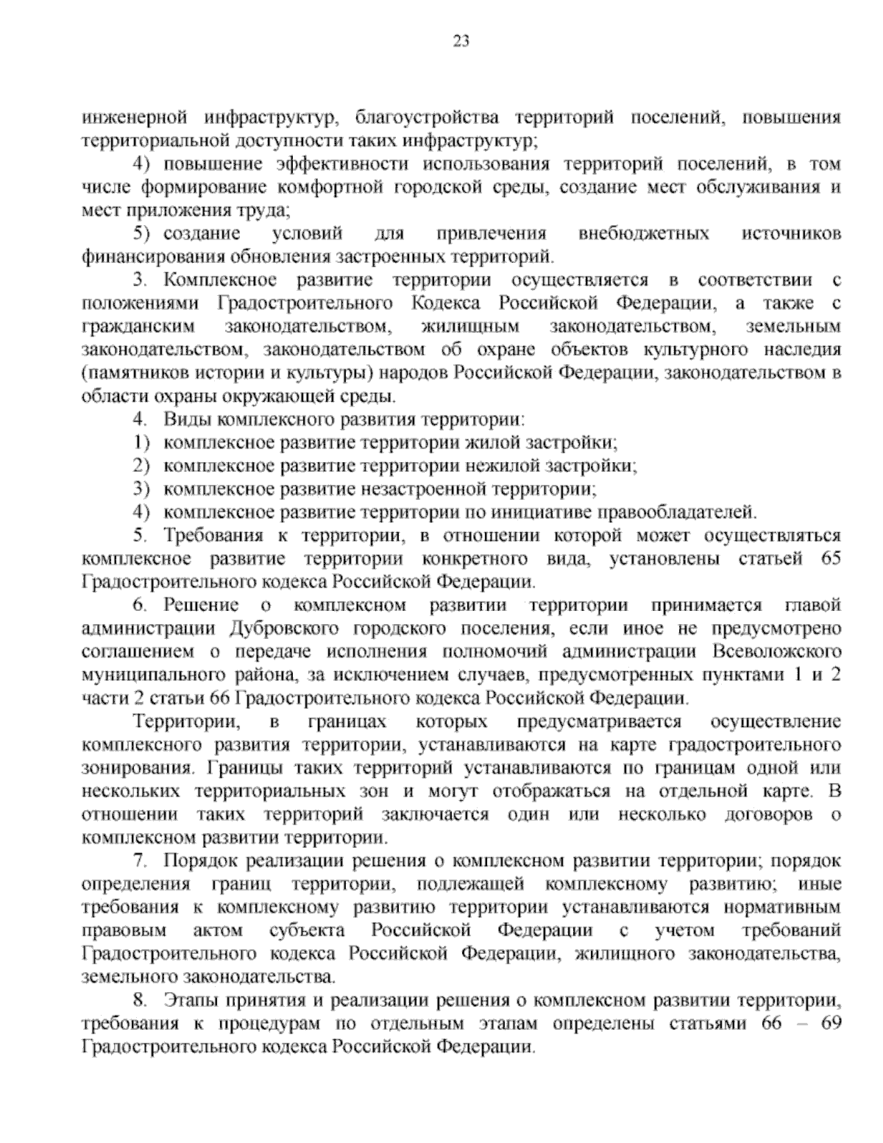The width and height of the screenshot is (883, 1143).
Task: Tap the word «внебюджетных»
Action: pyautogui.click(x=644, y=234)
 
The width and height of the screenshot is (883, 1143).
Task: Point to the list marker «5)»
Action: pyautogui.click(x=141, y=234)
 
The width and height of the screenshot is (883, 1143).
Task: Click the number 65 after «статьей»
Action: pyautogui.click(x=829, y=558)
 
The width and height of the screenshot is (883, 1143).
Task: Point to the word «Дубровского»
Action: pyautogui.click(x=278, y=629)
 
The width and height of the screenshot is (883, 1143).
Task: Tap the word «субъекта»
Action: pyautogui.click(x=308, y=930)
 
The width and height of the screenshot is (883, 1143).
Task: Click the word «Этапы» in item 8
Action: pyautogui.click(x=193, y=1000)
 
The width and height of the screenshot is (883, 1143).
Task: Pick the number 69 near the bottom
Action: pyautogui.click(x=829, y=1024)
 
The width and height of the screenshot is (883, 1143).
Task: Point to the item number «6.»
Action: pyautogui.click(x=141, y=606)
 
